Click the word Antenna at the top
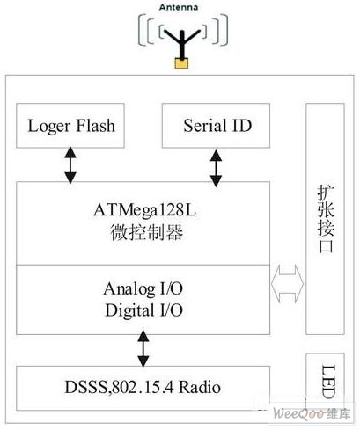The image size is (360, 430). [x=179, y=7]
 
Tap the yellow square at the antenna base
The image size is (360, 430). [x=181, y=63]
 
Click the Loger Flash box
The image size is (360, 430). [x=70, y=126]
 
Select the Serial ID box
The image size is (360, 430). [x=216, y=126]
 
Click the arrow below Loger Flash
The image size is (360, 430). [x=70, y=165]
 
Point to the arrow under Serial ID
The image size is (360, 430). [x=216, y=168]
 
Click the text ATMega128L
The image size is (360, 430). [x=144, y=210]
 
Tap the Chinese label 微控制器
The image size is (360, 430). [x=147, y=233]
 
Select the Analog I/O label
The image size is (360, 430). [x=143, y=289]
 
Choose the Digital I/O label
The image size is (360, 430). [x=143, y=310]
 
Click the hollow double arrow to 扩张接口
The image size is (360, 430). [x=287, y=284]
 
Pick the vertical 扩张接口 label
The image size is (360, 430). [x=326, y=219]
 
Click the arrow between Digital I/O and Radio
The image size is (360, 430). [x=143, y=348]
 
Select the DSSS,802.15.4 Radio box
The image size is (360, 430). [x=143, y=388]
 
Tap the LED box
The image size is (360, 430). [x=325, y=381]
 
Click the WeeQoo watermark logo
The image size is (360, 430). [x=312, y=413]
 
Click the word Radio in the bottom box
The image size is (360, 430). [x=200, y=388]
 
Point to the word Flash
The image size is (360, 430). [x=95, y=126]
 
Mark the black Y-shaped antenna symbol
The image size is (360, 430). [x=182, y=44]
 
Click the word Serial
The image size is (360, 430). [x=204, y=126]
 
